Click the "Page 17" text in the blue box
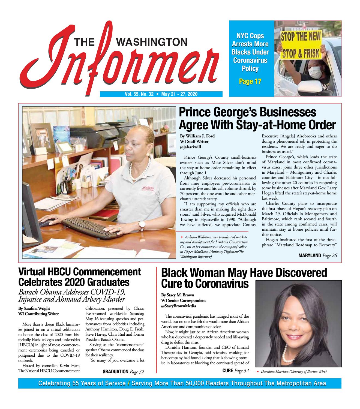pyautogui.click(x=250, y=81)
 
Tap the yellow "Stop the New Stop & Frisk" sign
pyautogui.click(x=301, y=45)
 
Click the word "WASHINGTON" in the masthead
pyautogui.click(x=152, y=42)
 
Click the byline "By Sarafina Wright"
pyautogui.click(x=34, y=308)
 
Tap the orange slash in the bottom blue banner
pyautogui.click(x=128, y=383)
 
